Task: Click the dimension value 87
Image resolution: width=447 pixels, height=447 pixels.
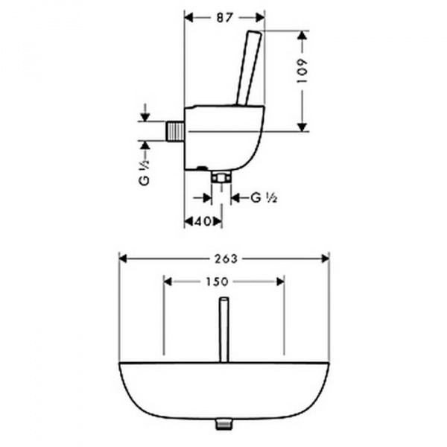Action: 225,18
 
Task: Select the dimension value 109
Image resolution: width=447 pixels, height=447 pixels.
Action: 302,71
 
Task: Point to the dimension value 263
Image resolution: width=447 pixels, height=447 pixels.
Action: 226,259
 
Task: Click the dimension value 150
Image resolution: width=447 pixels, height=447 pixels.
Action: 218,282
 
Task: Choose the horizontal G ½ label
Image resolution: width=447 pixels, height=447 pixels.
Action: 264,197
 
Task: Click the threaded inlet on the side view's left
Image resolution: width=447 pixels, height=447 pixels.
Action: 174,131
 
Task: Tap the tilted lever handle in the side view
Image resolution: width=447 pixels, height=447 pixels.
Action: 249,68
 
